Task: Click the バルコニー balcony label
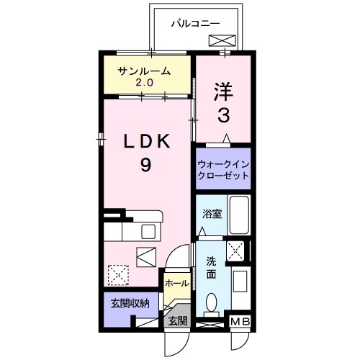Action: click(196, 24)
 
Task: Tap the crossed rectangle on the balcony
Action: click(222, 40)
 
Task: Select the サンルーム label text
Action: click(144, 71)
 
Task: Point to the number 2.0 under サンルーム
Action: click(145, 83)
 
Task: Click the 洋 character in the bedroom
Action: click(223, 91)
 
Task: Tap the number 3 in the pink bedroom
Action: click(224, 115)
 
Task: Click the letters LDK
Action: click(147, 141)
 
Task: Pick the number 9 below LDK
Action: click(145, 165)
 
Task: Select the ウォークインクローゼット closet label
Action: click(223, 171)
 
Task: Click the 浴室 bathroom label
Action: click(212, 214)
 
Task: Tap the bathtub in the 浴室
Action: click(239, 215)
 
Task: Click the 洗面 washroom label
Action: click(212, 268)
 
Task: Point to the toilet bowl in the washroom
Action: click(212, 302)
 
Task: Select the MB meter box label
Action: click(240, 322)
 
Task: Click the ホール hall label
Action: click(177, 284)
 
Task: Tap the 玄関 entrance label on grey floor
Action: click(178, 320)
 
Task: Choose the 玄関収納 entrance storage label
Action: click(130, 304)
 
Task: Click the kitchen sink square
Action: click(148, 232)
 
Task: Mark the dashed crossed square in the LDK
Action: click(118, 275)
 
